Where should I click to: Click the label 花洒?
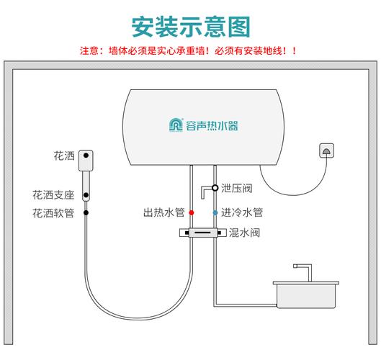coord(63,156)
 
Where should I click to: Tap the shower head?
coord(85,157)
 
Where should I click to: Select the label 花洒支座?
coord(53,194)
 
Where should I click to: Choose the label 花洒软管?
coord(53,212)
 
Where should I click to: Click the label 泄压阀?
coord(236,189)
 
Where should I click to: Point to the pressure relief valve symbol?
coord(208,189)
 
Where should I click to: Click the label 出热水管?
coord(164,212)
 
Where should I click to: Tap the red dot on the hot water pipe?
coord(191,213)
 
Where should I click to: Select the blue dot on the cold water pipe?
coord(215,213)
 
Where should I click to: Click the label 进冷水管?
coord(241,212)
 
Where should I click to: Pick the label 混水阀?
coord(244,233)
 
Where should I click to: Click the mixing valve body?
coord(202,233)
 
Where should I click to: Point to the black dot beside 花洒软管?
coord(85,213)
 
